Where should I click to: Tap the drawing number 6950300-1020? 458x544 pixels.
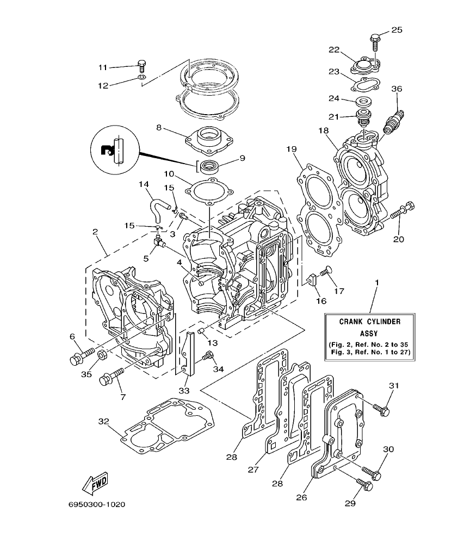coord(97,504)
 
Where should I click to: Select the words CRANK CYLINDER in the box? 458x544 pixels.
coord(370,322)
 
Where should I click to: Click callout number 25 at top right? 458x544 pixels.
coord(397,30)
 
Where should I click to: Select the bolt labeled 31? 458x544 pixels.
coord(382,410)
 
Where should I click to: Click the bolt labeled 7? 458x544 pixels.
coord(111,377)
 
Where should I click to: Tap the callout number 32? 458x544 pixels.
coord(104,421)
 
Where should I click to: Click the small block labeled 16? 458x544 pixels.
coord(312,279)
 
